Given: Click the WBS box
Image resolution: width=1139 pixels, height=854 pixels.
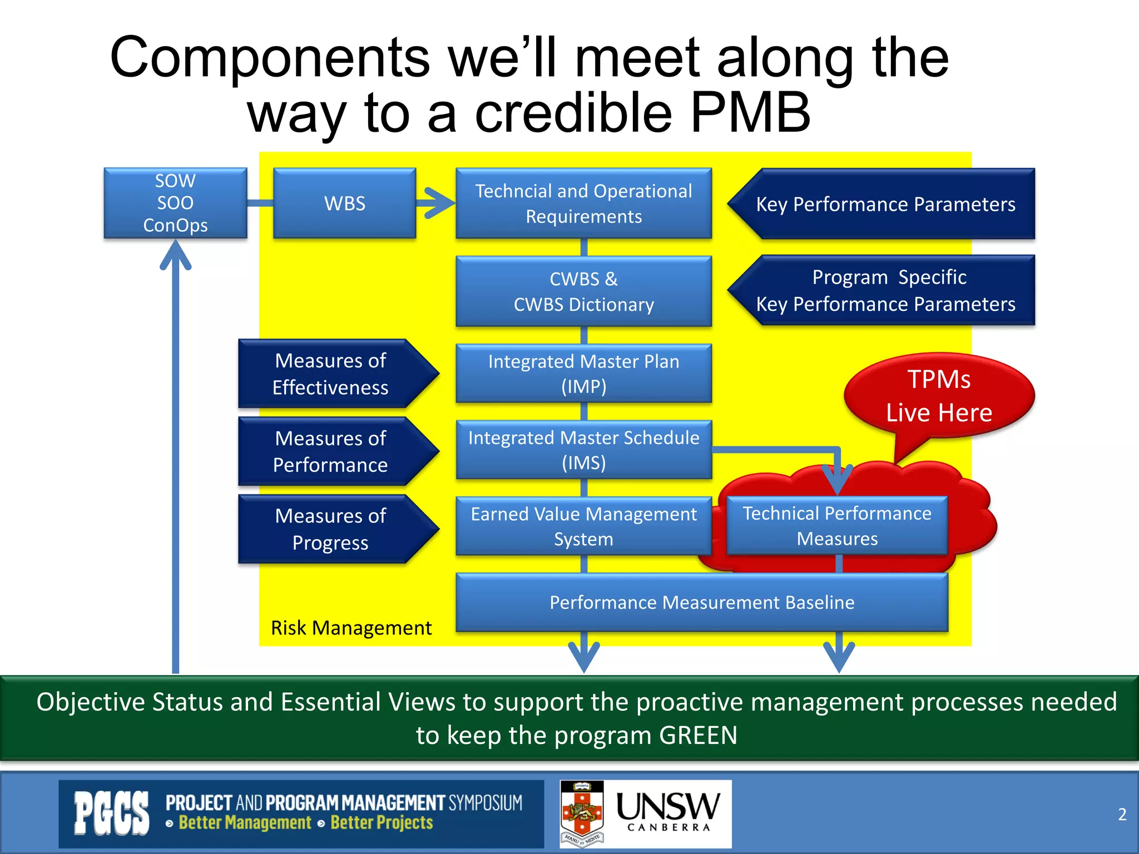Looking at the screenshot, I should pos(344,203).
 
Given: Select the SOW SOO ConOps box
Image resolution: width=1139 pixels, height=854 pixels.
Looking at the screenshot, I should pos(175,203).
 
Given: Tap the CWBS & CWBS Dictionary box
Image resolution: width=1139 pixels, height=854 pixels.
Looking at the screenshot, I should pos(583,291).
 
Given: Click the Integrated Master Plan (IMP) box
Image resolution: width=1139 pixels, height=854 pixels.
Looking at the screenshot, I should pos(583,373).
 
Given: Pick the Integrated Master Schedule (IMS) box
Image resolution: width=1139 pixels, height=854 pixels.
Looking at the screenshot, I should pos(583,450).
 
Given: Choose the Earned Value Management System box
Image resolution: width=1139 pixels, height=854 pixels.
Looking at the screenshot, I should pos(583,526).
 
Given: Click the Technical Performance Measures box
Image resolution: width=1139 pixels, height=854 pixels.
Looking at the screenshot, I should pos(837,525).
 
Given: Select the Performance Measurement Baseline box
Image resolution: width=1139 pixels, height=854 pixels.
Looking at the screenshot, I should pos(702,602).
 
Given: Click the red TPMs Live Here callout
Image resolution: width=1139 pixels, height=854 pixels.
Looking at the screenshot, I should pos(939,395).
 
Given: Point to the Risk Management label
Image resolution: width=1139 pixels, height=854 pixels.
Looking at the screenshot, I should pos(351,628).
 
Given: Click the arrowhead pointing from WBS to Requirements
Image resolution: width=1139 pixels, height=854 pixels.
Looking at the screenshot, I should pos(439,203).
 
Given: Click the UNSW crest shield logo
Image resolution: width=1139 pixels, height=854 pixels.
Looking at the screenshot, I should pos(582,813).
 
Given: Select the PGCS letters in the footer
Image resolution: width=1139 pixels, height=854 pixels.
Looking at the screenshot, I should pos(112,813).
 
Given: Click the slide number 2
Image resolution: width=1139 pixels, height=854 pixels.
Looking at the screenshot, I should pos(1122,814).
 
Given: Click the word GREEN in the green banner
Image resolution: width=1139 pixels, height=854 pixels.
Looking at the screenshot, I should pos(698,735).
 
